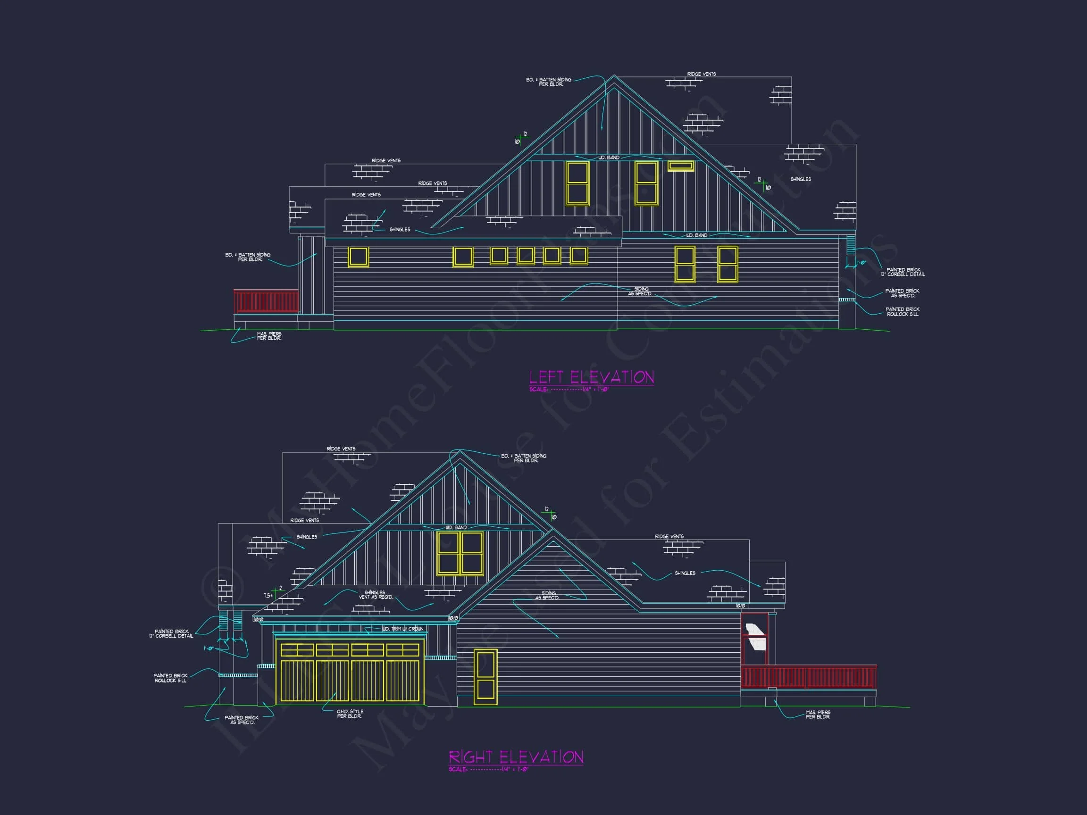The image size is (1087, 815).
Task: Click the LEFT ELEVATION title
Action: point(591,377)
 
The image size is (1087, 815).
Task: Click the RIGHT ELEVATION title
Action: point(516,757)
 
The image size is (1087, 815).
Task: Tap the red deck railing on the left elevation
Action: point(266,301)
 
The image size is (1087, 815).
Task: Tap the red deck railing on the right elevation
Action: point(808,677)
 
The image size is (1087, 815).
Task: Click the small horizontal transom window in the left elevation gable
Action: point(681,166)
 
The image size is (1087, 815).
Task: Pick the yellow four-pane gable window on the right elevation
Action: point(460,553)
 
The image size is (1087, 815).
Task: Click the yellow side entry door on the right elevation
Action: point(485,677)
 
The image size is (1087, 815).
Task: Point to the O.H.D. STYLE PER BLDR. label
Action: point(350,714)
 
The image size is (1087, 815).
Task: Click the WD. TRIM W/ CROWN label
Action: point(402,629)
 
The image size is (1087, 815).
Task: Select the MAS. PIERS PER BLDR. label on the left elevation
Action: point(269,336)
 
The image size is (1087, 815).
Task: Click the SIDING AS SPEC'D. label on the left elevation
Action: point(640,291)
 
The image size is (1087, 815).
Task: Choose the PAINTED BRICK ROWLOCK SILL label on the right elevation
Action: point(170,678)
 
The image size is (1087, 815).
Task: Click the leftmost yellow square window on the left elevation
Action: point(358,257)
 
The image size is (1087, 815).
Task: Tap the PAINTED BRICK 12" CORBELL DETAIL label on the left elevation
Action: point(903,272)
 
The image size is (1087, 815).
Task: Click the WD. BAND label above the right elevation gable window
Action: point(456,528)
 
